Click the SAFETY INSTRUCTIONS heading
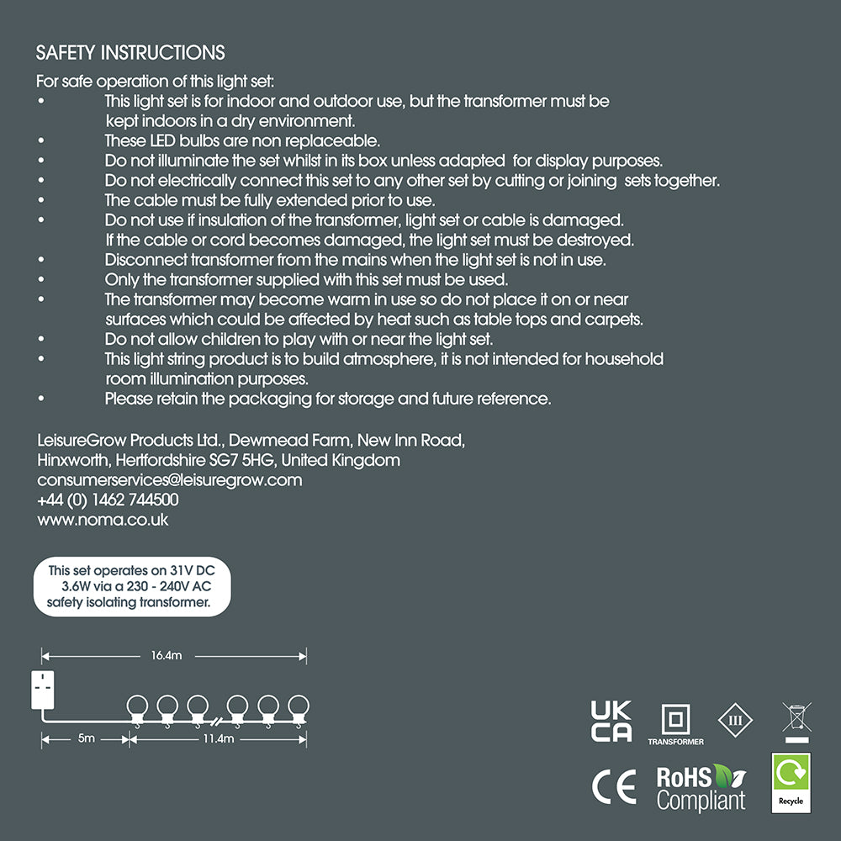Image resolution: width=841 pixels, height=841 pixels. click(130, 53)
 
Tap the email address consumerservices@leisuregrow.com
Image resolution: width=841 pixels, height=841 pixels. click(169, 480)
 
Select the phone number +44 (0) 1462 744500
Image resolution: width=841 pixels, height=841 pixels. click(108, 500)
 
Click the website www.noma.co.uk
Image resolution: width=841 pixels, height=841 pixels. click(103, 520)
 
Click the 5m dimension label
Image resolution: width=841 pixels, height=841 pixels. click(86, 738)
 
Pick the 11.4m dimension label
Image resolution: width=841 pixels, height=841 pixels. click(217, 738)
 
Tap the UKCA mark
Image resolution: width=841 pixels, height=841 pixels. click(611, 721)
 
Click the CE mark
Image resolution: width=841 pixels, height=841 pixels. click(613, 788)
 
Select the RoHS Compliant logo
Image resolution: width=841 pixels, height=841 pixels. click(701, 788)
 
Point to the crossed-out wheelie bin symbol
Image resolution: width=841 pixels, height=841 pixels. click(795, 720)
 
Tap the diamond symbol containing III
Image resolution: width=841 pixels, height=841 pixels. click(735, 721)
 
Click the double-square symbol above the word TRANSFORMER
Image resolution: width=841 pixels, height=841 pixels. click(675, 720)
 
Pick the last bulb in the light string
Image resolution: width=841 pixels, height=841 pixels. click(299, 707)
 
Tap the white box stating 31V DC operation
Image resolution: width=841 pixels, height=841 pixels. click(131, 586)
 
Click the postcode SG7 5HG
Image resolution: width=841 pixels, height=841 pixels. click(246, 460)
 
